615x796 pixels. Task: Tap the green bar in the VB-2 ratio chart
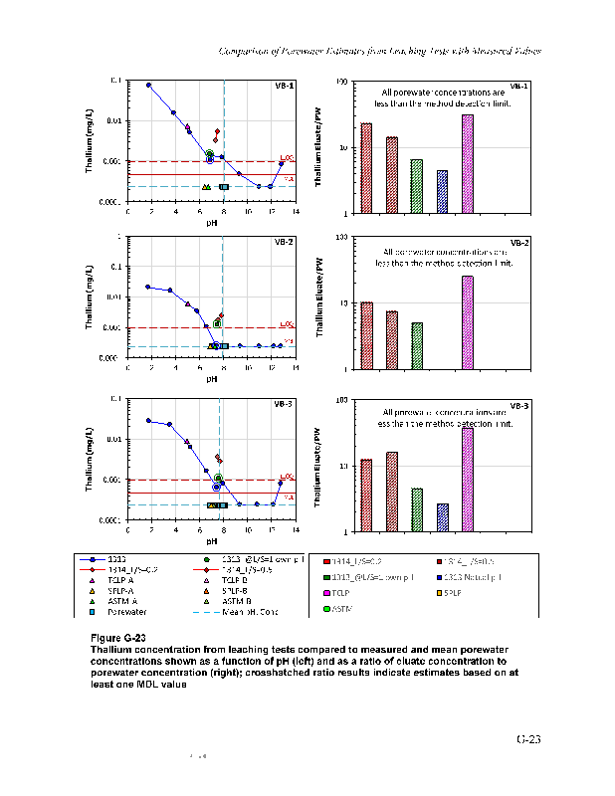pyautogui.click(x=416, y=345)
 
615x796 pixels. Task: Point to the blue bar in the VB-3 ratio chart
pyautogui.click(x=442, y=517)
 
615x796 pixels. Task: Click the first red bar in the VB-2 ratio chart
pyautogui.click(x=366, y=335)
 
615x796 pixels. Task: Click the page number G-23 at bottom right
pyautogui.click(x=527, y=739)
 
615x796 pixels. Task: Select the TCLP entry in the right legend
pyautogui.click(x=358, y=593)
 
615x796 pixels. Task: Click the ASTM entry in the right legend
pyautogui.click(x=357, y=608)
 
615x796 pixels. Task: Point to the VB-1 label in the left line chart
pyautogui.click(x=283, y=86)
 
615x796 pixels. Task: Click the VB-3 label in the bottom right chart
pyautogui.click(x=518, y=405)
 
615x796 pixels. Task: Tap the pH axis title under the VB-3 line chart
pyautogui.click(x=212, y=541)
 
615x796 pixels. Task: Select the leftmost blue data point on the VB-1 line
pyautogui.click(x=149, y=86)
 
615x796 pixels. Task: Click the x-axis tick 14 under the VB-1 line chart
pyautogui.click(x=295, y=212)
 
